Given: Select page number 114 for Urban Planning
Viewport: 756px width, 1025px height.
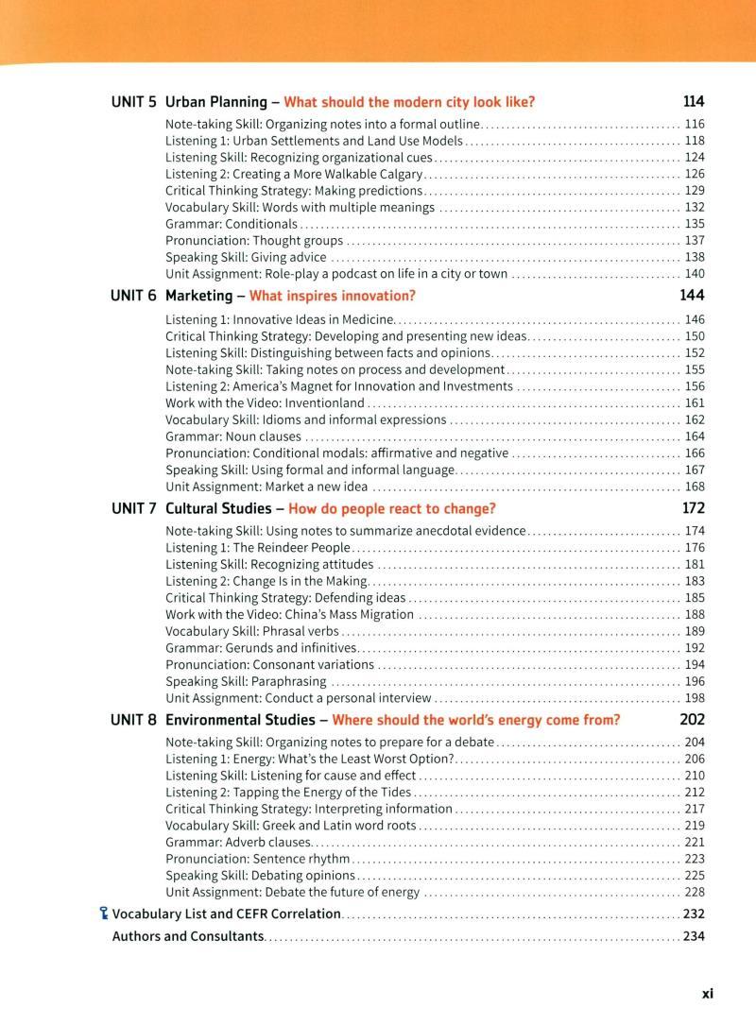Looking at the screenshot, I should click(x=694, y=102).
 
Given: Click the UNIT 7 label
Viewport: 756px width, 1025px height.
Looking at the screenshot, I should click(x=133, y=508).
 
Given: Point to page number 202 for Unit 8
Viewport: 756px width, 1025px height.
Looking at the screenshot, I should click(x=693, y=720).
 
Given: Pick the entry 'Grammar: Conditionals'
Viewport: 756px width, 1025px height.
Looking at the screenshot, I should click(x=232, y=224).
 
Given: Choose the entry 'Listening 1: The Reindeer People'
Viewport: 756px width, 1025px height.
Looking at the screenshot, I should click(x=258, y=547).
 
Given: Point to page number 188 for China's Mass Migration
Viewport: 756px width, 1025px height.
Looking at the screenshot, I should click(x=695, y=614).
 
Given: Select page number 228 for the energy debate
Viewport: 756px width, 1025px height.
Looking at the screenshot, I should click(x=695, y=892).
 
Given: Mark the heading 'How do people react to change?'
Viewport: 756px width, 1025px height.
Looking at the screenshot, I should click(x=391, y=508).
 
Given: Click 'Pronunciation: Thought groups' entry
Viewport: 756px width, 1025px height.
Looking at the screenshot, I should click(x=254, y=241).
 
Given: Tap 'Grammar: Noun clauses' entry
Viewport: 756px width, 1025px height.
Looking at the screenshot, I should click(x=233, y=436).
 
